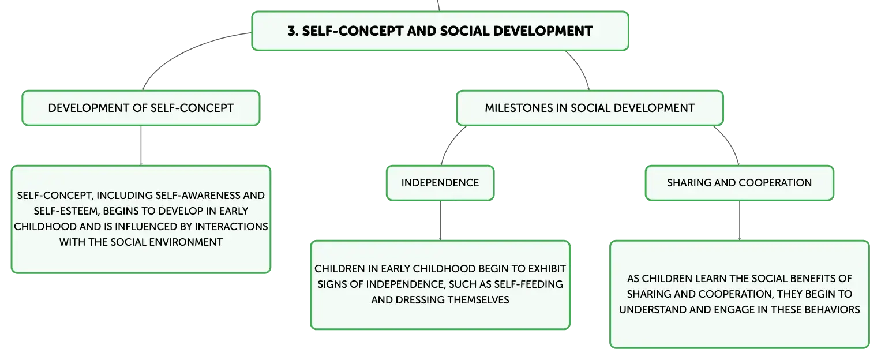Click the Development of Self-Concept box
141,108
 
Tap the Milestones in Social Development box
590,108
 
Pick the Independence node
440,183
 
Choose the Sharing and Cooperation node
740,183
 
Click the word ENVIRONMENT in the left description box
186,242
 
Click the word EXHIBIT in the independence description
547,269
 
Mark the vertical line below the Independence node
440,221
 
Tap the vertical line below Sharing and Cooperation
740,221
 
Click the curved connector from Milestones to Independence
449,142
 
